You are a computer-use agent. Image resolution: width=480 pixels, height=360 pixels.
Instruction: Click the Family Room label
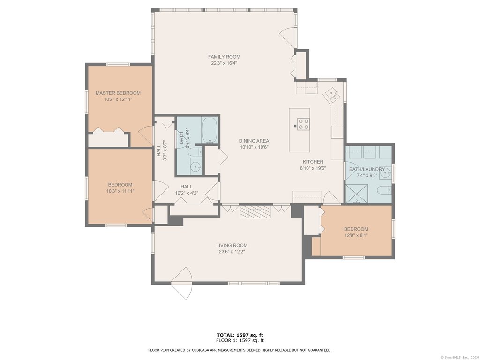tap(224, 57)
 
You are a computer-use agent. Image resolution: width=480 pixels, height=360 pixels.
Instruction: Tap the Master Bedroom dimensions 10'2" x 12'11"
tap(118, 99)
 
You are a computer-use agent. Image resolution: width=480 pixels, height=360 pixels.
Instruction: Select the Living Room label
tap(232, 245)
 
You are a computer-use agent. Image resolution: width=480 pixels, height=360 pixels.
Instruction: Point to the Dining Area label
tap(254, 141)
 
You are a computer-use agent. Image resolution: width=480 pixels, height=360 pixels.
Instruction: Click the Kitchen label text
tap(313, 162)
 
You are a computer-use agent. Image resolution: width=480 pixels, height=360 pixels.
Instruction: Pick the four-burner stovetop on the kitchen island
tap(304, 124)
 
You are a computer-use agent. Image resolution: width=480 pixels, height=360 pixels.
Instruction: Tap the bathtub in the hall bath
tap(210, 130)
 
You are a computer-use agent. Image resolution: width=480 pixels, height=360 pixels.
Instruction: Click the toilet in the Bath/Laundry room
tap(384, 190)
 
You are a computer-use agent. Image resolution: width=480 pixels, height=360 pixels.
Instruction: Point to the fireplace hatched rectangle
tap(255, 211)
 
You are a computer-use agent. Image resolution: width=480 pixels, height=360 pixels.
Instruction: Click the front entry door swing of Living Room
tap(182, 283)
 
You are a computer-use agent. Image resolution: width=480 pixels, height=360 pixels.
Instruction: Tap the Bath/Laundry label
tap(367, 169)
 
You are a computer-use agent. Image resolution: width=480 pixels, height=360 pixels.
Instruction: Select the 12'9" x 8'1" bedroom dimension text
tap(356, 235)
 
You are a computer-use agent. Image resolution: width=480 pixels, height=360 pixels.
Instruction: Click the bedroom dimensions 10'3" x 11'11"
tap(120, 191)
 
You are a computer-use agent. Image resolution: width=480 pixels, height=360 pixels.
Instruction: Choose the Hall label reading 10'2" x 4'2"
tap(187, 193)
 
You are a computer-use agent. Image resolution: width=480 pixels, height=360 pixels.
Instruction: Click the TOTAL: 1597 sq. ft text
tap(240, 335)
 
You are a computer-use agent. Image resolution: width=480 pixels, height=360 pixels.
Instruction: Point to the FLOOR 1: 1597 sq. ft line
tap(240, 340)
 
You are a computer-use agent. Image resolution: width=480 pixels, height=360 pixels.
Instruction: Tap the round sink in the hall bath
tap(195, 166)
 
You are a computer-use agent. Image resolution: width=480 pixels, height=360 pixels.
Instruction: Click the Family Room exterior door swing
tap(287, 37)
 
